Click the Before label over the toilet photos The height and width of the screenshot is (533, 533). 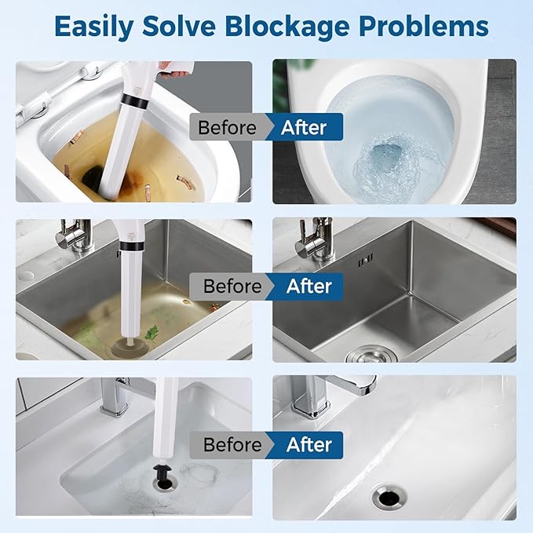pos(227,127)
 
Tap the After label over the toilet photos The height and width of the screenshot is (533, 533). pos(304,127)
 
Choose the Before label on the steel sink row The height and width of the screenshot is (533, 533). pos(232,287)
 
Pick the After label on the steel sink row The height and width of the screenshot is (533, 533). pos(309,287)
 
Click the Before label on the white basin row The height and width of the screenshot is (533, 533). pos(232,444)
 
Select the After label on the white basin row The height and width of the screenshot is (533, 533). pos(309,444)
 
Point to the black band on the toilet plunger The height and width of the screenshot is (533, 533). pos(134,101)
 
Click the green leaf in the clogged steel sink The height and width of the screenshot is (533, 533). pos(152,333)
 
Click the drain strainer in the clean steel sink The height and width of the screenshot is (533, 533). pos(371,355)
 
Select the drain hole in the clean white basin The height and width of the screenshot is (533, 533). pos(389,497)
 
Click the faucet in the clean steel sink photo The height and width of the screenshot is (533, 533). pos(314,239)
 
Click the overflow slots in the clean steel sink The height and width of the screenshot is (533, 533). pos(366,259)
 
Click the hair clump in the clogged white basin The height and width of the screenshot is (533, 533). pos(199,473)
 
